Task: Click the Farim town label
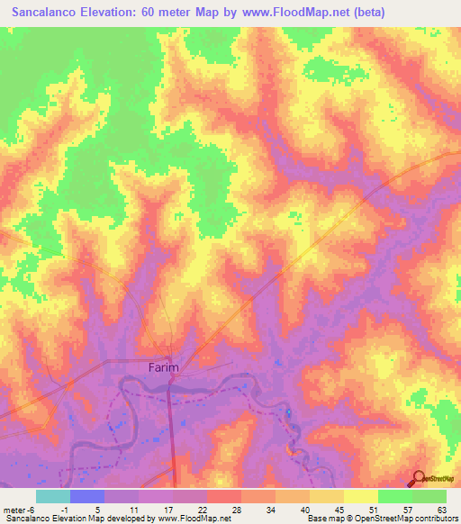[163, 367]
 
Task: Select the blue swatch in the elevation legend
[87, 496]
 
